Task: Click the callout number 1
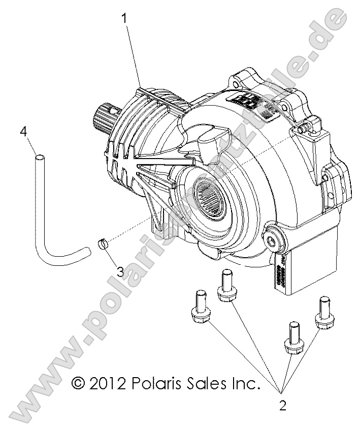(x=124, y=19)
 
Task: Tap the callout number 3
(x=120, y=271)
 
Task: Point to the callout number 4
(x=23, y=132)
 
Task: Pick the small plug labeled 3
(x=103, y=243)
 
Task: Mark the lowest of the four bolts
(x=293, y=338)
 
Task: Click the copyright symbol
(x=78, y=382)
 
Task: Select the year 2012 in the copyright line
(x=108, y=382)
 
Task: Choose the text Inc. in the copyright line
(x=243, y=382)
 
